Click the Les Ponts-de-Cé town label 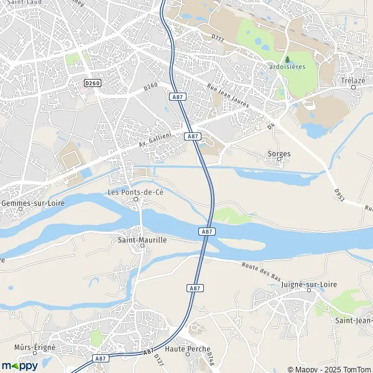point(136,191)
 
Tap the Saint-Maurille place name point(142,239)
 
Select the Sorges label point(279,153)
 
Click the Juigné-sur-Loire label point(292,284)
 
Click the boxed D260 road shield point(92,83)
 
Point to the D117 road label point(217,39)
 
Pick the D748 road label point(210,355)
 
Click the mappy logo point(19,365)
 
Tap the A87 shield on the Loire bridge point(207,231)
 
